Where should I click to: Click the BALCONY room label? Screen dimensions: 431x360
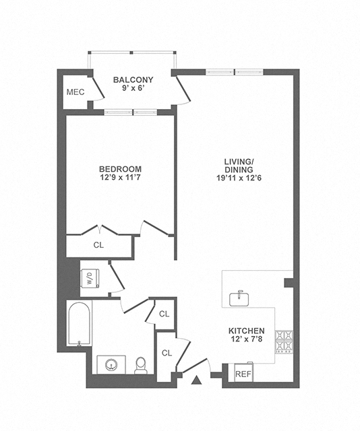(133, 79)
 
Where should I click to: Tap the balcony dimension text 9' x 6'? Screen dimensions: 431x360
(133, 88)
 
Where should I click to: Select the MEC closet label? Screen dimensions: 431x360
(76, 92)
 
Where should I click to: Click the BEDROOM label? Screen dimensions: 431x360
(120, 168)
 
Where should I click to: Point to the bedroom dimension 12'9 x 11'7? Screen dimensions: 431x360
(120, 178)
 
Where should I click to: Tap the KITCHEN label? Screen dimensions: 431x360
(246, 332)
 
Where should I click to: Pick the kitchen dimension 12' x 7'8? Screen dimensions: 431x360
(246, 341)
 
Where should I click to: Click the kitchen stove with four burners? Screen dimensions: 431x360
(283, 341)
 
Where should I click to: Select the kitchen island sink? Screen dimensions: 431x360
(238, 298)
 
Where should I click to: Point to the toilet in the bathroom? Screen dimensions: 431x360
(141, 366)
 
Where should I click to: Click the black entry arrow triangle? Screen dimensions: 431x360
(197, 381)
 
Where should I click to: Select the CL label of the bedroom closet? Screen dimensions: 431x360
(98, 245)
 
